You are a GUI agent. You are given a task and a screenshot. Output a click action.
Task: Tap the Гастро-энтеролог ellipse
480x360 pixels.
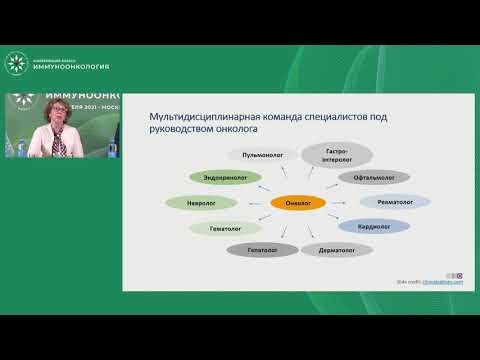pos(336,154)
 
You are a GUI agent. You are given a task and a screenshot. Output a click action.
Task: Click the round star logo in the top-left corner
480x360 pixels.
pos(15,61)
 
